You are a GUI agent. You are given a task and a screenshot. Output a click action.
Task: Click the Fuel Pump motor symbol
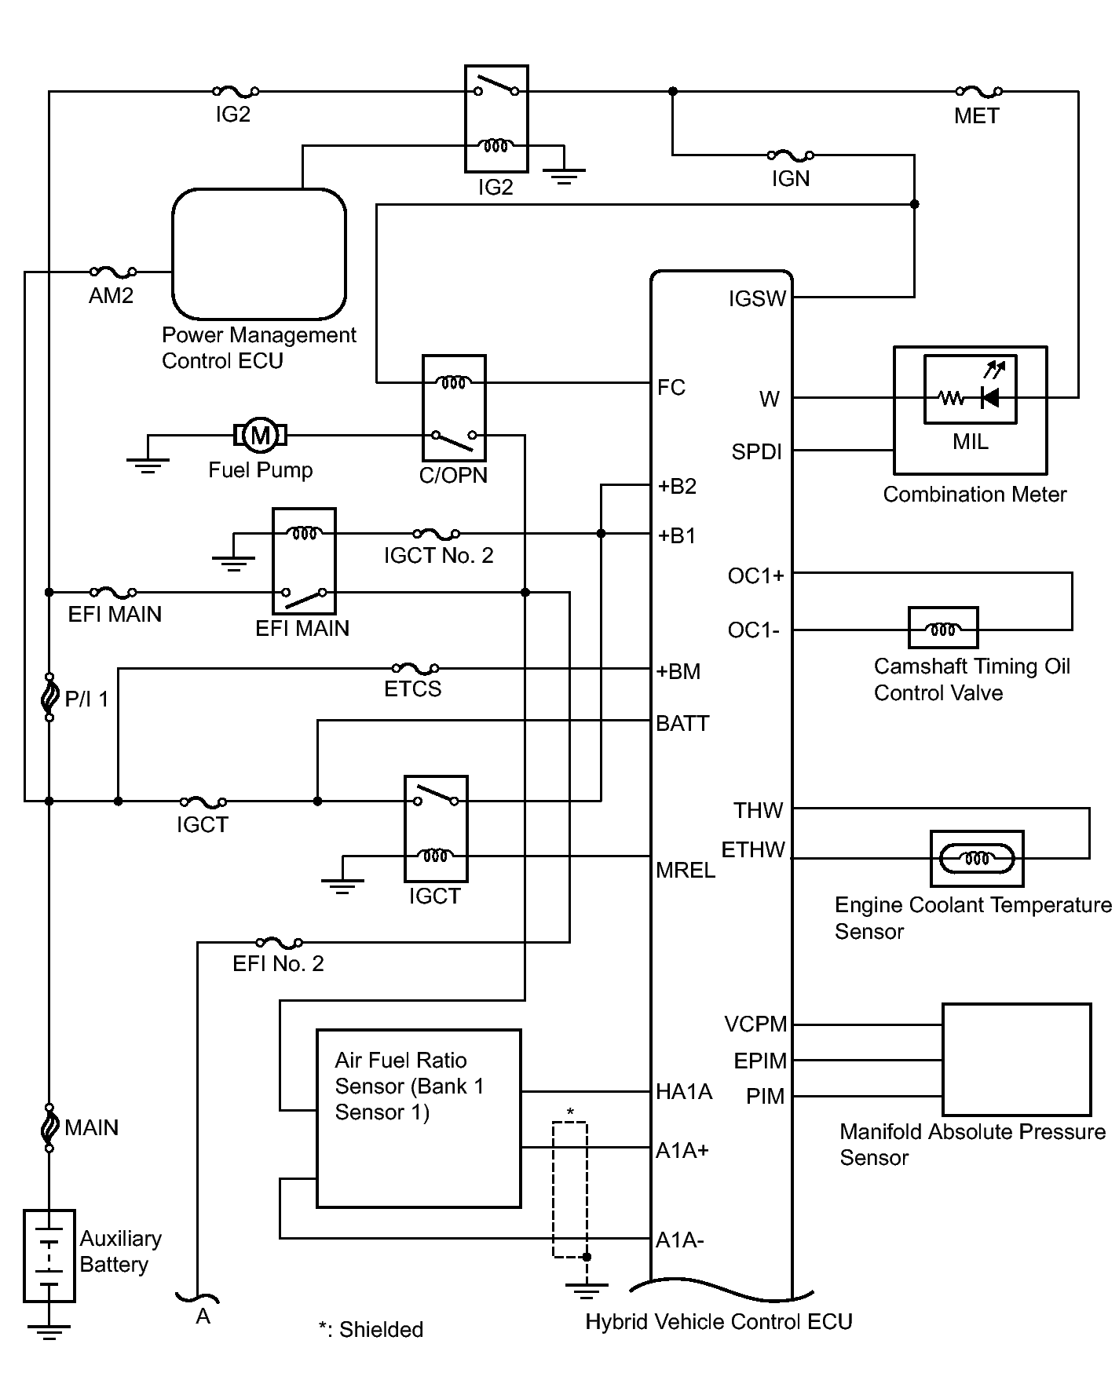pos(260,434)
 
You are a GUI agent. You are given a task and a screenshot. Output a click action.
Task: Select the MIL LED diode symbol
pos(990,397)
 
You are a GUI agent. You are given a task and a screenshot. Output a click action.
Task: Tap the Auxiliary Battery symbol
pos(49,1256)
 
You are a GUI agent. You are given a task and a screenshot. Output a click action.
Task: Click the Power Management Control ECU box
pos(259,254)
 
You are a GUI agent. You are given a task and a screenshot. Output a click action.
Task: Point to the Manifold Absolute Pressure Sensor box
pos(1017,1059)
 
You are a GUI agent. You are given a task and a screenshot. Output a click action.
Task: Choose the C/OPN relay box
pos(454,408)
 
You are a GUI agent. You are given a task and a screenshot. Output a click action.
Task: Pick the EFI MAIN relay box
pos(304,561)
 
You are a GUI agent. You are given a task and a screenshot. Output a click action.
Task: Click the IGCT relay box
pos(436,828)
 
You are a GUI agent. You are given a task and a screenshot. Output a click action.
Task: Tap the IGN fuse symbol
pos(790,155)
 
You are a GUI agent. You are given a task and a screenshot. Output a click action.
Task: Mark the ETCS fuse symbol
pos(415,669)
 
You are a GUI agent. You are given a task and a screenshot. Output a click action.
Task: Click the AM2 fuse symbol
pos(113,272)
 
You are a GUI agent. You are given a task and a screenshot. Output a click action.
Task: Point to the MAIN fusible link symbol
pos(49,1127)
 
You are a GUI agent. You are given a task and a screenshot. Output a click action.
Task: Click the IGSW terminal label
pos(756,299)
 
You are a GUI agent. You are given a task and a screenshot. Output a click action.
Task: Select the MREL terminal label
pos(685,870)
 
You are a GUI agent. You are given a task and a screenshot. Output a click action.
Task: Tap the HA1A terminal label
pos(684,1092)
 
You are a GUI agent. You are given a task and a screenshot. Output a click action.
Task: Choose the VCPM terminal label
pos(755,1024)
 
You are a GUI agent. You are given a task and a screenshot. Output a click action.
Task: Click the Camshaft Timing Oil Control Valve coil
pos(942,628)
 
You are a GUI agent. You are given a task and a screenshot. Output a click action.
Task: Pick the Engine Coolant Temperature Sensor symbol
pos(976,858)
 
